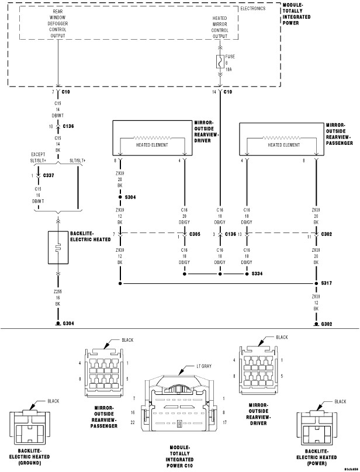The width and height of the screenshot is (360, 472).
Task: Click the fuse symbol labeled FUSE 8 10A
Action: [220, 61]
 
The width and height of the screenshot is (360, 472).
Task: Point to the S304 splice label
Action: [129, 197]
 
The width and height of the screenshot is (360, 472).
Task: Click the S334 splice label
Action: [257, 273]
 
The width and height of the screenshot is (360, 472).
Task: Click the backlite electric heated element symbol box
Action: [57, 248]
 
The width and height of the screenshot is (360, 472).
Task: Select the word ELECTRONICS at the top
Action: [253, 9]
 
